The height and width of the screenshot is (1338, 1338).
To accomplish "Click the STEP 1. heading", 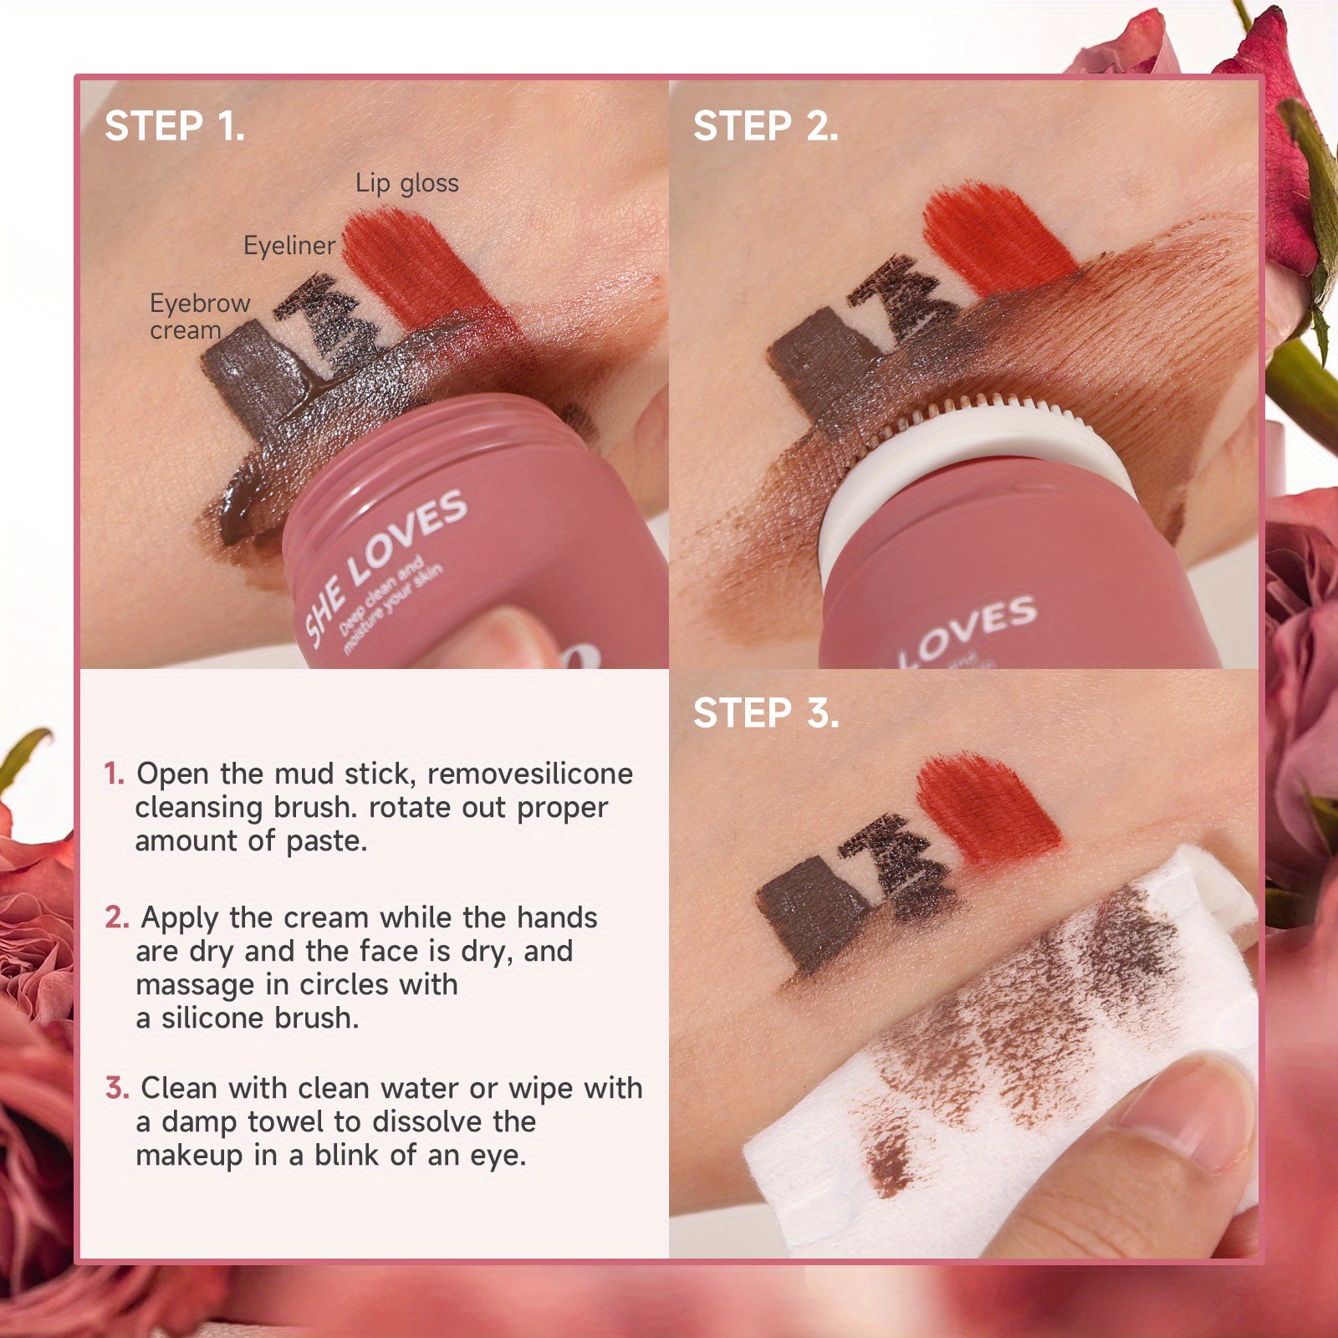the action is pyautogui.click(x=175, y=126).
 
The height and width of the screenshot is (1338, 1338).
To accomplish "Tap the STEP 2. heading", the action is pyautogui.click(x=765, y=126).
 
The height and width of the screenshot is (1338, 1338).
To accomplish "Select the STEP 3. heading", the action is pyautogui.click(x=766, y=713).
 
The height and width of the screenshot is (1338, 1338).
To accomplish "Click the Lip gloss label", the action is pyautogui.click(x=407, y=183).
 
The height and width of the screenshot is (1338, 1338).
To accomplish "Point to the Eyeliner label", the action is pyautogui.click(x=289, y=245).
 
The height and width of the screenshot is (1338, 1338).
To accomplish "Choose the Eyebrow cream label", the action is pyautogui.click(x=200, y=316).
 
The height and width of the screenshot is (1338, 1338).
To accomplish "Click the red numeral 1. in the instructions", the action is pyautogui.click(x=115, y=774).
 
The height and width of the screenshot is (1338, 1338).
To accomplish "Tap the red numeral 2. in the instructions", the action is pyautogui.click(x=117, y=917).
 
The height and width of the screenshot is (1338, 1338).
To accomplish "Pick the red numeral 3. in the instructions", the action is pyautogui.click(x=117, y=1088).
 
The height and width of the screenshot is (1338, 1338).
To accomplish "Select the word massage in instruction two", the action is pyautogui.click(x=195, y=986).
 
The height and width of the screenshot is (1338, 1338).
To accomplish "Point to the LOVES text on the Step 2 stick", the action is pyautogui.click(x=967, y=627).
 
